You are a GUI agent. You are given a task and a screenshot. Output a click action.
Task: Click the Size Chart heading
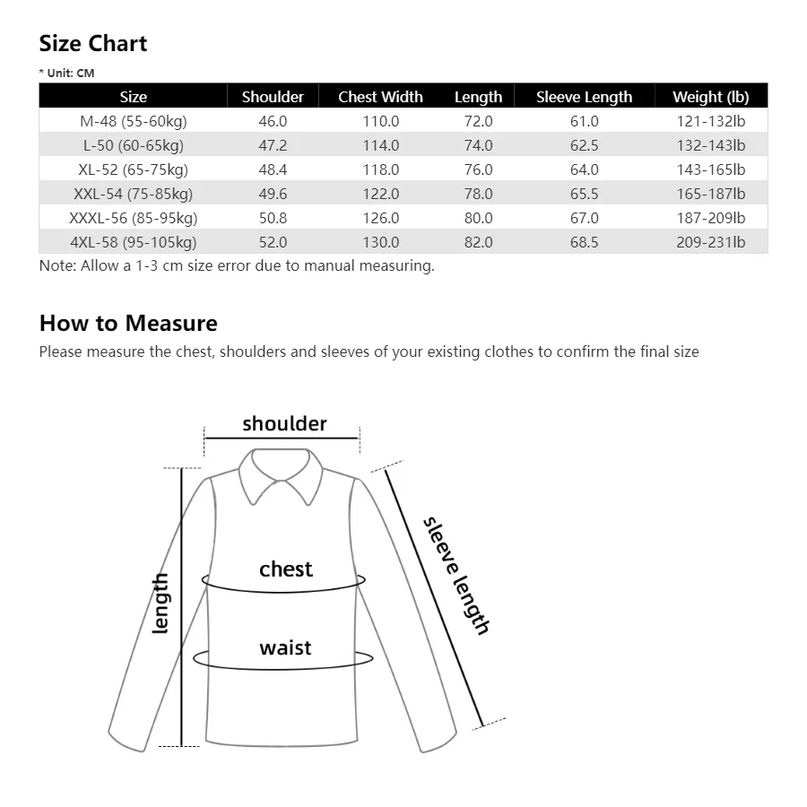click(93, 44)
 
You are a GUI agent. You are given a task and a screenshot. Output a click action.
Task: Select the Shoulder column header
click(273, 97)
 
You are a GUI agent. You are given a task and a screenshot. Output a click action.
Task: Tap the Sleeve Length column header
click(584, 97)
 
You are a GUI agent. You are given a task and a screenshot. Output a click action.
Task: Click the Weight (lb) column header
click(710, 97)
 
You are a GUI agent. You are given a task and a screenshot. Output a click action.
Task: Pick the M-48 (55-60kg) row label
click(133, 121)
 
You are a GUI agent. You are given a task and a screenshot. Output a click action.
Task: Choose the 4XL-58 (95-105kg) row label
click(133, 242)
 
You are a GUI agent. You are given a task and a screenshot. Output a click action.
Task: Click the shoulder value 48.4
click(273, 169)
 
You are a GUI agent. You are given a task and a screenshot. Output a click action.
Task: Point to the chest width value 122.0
click(380, 194)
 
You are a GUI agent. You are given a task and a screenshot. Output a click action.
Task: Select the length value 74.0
click(478, 145)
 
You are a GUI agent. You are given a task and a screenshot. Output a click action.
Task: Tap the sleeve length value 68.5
click(584, 242)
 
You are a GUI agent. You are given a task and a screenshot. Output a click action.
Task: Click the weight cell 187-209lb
click(710, 218)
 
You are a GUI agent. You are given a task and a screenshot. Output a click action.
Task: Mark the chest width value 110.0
click(380, 121)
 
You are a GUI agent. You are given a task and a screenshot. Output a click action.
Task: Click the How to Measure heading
click(128, 323)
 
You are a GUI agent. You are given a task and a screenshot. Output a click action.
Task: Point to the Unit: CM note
click(67, 74)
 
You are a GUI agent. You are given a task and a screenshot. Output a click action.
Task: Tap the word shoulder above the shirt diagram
click(284, 423)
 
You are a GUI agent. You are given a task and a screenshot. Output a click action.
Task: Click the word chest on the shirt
click(286, 569)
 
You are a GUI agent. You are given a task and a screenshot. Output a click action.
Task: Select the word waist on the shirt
click(285, 647)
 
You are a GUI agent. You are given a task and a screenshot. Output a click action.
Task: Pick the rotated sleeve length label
click(456, 576)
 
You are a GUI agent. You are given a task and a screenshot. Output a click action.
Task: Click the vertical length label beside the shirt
click(161, 603)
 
